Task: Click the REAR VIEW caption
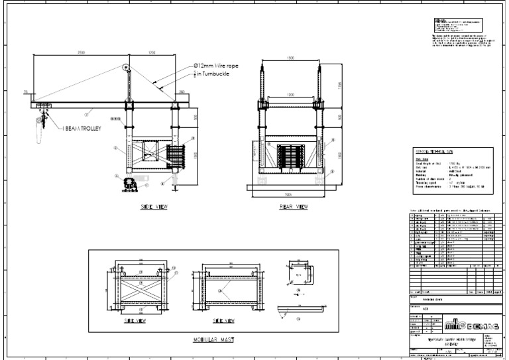click(x=294, y=207)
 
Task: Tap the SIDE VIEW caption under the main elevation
click(x=154, y=207)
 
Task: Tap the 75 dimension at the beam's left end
click(x=26, y=92)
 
